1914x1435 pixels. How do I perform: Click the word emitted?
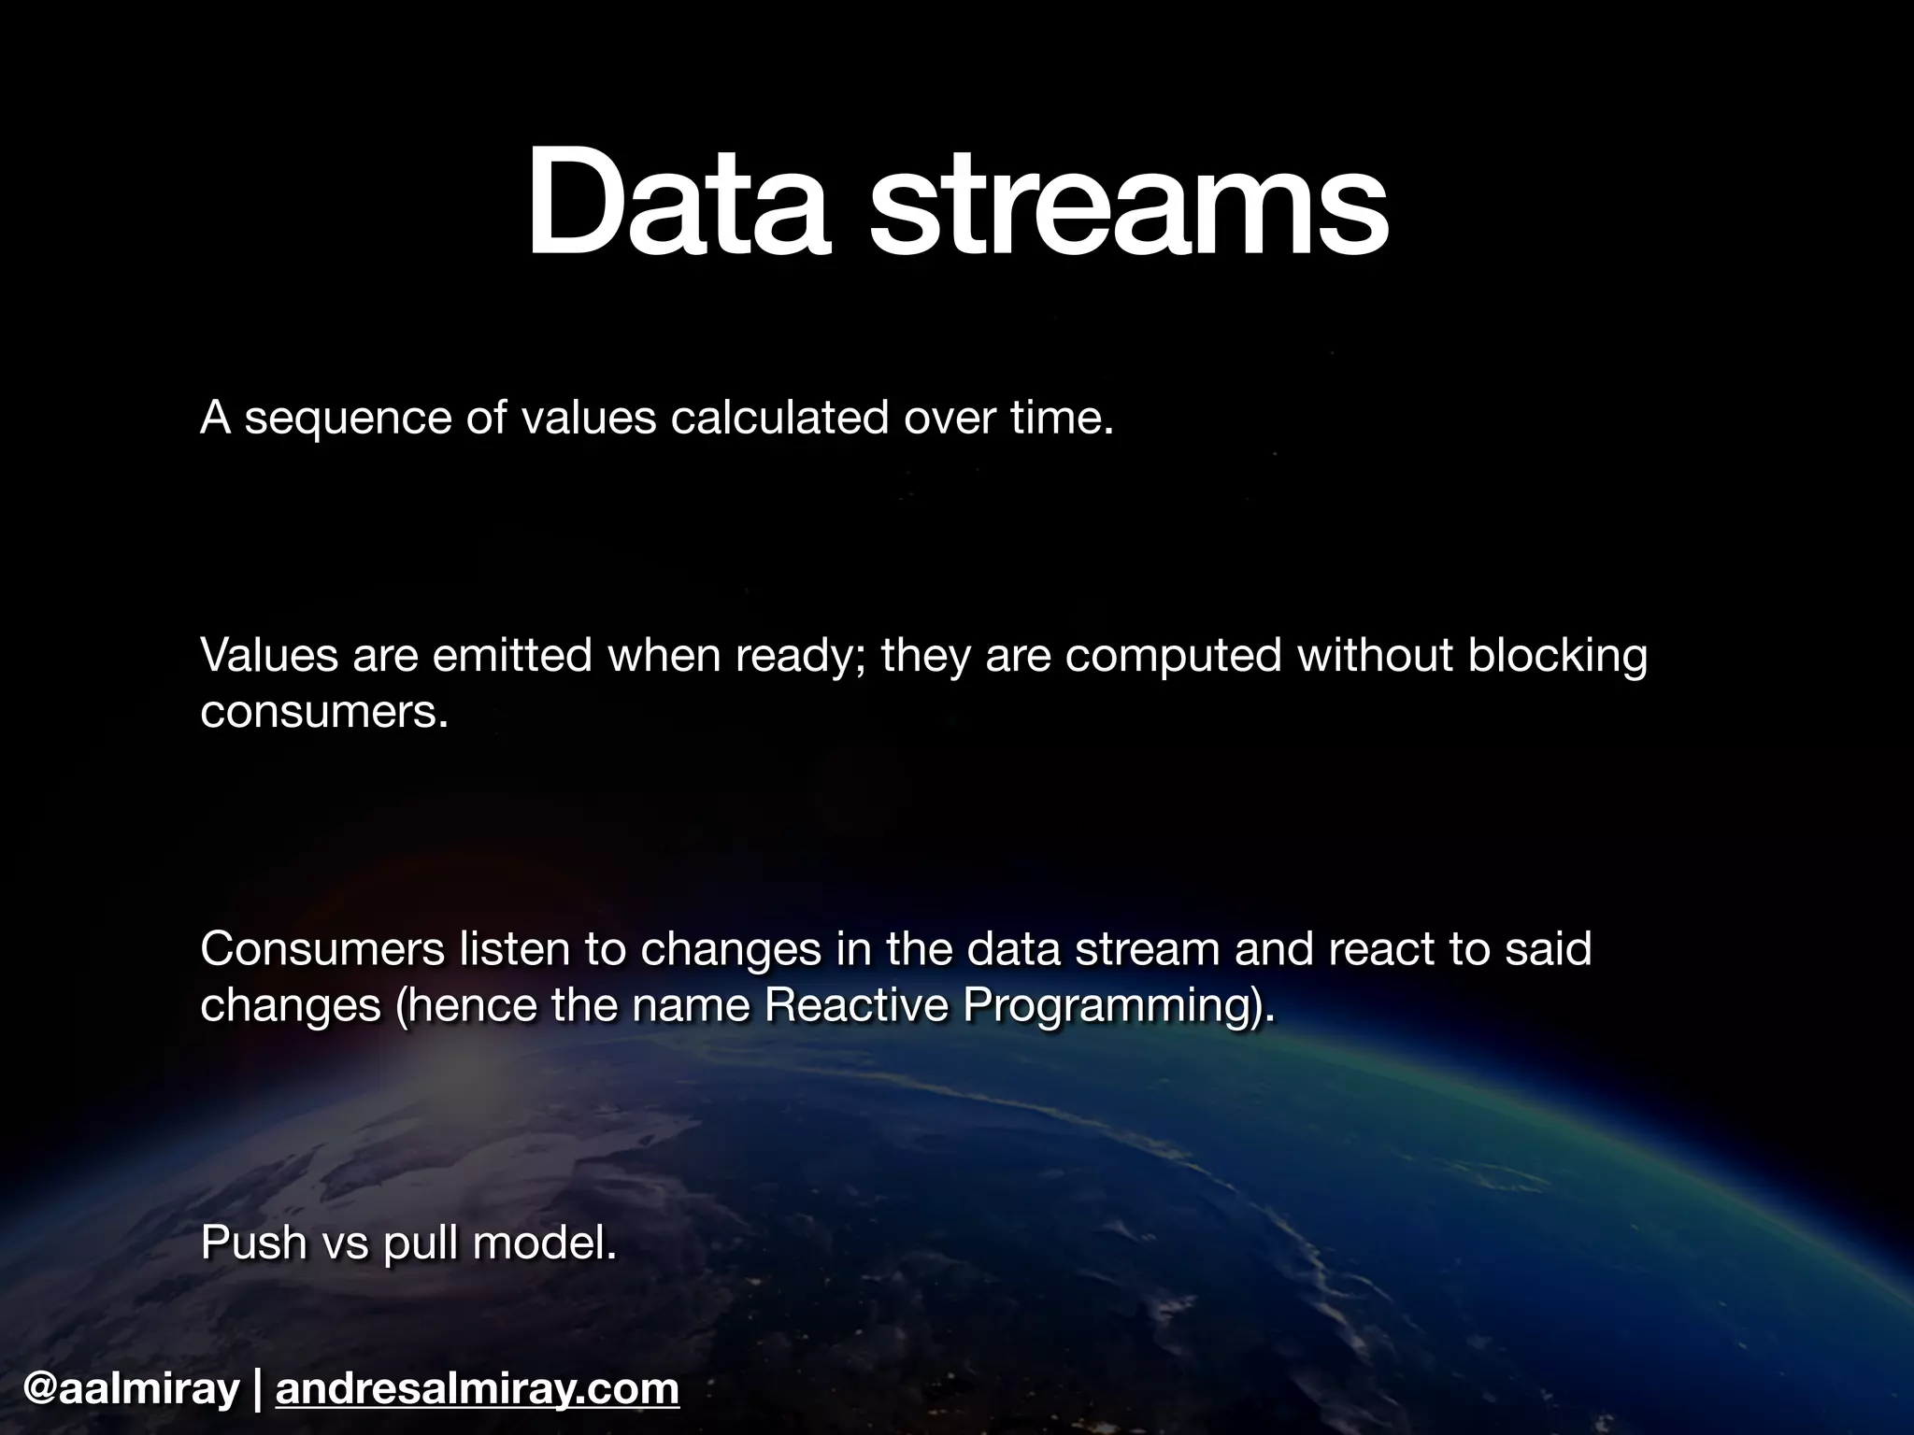511,655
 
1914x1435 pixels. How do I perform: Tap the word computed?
1173,657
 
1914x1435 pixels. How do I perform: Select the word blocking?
1557,657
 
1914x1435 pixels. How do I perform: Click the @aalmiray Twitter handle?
132,1389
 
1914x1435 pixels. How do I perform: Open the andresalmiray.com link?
478,1389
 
